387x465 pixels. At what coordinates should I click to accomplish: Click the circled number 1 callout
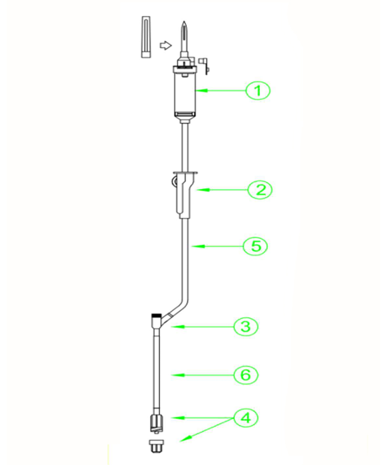[257, 91]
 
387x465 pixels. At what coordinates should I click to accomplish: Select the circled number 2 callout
[260, 190]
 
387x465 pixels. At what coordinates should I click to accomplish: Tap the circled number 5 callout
[255, 246]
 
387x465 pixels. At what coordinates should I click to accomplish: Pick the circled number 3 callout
[246, 327]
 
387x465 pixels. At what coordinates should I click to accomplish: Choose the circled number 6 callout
[246, 375]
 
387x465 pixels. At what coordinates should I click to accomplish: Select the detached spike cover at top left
[146, 36]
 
